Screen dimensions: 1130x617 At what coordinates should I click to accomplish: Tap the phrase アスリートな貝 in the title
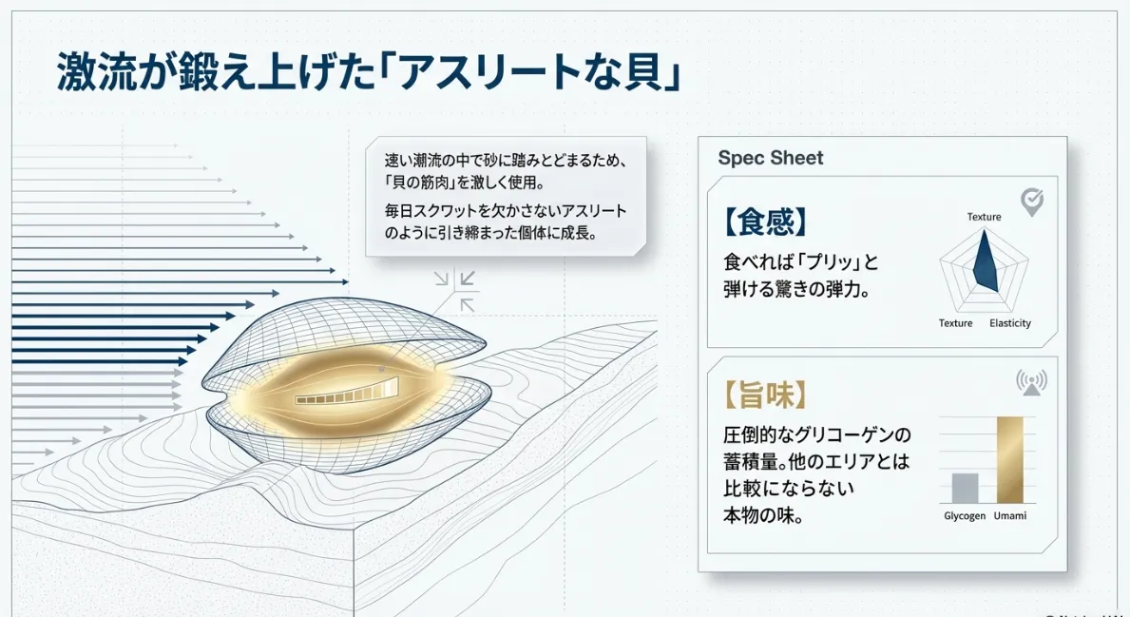527,72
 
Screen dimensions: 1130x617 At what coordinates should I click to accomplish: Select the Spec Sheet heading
771,158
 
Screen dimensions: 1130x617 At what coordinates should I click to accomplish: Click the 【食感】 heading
765,222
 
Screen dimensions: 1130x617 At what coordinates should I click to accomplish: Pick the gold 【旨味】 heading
765,395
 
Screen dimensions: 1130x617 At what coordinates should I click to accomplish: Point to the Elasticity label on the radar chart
1009,323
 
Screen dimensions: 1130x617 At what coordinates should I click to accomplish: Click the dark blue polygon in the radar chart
986,260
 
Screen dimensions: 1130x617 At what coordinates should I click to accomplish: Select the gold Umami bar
1009,460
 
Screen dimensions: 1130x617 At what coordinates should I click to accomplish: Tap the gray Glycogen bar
965,488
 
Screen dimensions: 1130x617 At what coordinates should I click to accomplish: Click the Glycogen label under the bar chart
965,515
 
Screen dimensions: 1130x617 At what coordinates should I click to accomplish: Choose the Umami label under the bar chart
1009,515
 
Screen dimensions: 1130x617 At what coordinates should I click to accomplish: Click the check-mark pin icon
1032,202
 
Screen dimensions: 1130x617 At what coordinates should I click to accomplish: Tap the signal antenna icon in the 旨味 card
1032,381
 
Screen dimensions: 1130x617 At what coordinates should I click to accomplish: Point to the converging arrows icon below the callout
456,291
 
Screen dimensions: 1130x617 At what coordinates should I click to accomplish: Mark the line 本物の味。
763,516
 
